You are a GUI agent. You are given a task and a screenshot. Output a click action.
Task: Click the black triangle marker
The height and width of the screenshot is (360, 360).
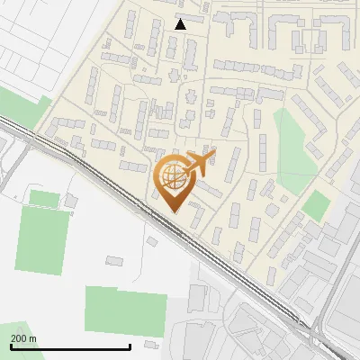point(181,24)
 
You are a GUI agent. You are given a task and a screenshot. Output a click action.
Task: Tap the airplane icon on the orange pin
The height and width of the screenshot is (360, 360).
point(199,163)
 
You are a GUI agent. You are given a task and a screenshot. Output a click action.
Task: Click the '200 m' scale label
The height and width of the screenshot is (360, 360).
point(24,337)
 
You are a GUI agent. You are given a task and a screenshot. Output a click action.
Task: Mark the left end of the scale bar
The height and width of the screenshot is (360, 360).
point(11,346)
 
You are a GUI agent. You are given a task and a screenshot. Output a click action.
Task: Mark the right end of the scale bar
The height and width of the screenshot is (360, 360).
point(130,346)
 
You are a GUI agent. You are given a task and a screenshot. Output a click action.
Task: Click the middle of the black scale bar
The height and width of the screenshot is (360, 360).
point(70,346)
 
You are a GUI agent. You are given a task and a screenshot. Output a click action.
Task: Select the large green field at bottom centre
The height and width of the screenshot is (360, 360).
point(126,311)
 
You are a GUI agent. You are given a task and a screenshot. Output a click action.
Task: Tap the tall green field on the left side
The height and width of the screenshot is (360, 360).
point(41,241)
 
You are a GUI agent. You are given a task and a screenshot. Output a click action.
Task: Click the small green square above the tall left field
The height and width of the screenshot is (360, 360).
point(44,198)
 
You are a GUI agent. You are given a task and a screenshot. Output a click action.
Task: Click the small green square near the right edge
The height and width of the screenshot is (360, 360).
point(315,205)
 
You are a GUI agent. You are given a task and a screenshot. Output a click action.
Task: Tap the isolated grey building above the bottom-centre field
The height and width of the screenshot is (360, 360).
point(114,261)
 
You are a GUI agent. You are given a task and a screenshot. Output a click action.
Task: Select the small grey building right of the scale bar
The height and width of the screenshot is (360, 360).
point(150,344)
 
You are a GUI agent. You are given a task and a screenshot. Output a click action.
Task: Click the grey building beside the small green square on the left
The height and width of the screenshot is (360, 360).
point(70,200)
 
